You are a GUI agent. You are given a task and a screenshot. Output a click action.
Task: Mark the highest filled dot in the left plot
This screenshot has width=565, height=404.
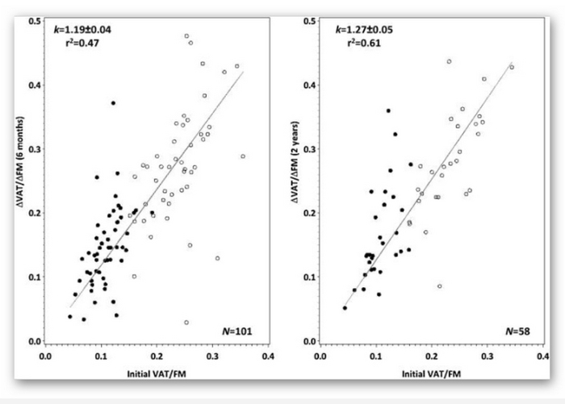point(114,103)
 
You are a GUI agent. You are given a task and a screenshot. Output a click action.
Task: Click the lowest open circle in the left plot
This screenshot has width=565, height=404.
point(186,323)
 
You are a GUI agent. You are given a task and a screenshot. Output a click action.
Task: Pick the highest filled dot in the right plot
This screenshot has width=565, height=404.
point(388,110)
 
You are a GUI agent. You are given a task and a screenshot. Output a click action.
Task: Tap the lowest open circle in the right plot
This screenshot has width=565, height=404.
point(440,286)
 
